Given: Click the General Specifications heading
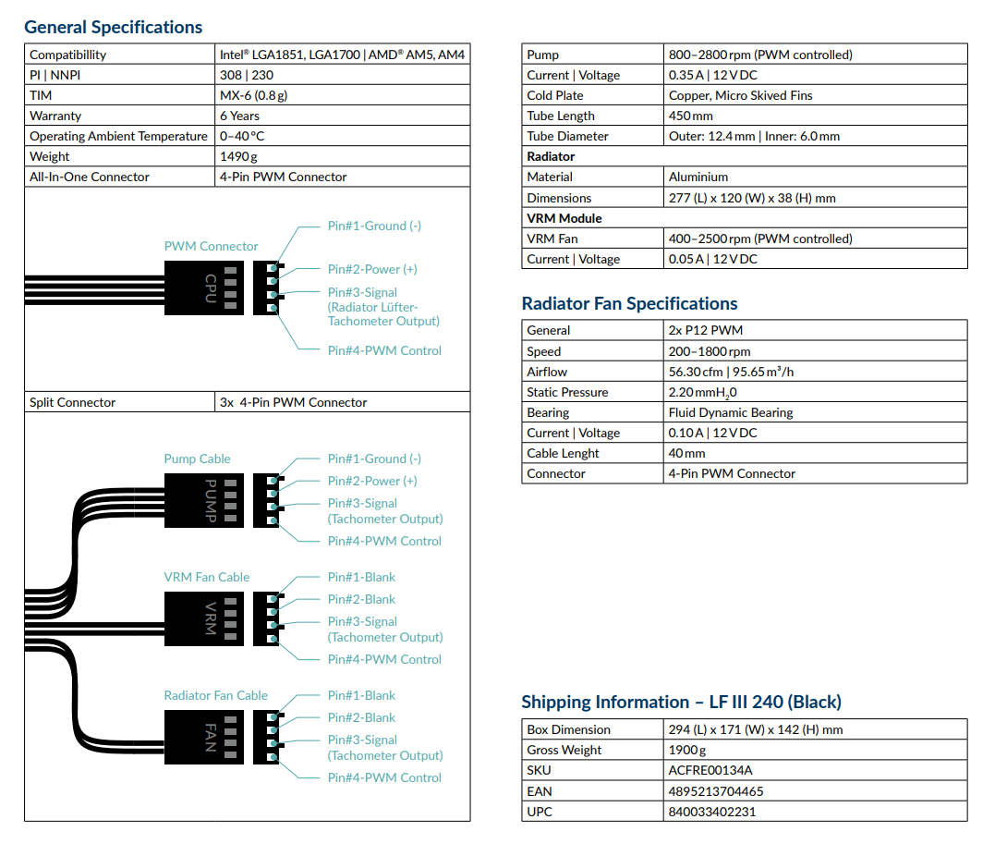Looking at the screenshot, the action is [x=113, y=28].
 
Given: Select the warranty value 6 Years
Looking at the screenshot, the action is [x=239, y=116].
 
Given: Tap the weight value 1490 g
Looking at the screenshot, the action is [x=238, y=156].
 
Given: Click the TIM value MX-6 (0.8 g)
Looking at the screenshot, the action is [x=253, y=95].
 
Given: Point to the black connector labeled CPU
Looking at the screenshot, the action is [x=203, y=287].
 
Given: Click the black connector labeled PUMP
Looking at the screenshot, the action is [x=203, y=500].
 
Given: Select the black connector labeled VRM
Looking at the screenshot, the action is [x=203, y=618].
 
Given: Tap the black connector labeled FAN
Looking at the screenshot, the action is [x=203, y=737].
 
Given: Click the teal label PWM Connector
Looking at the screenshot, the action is [x=211, y=246].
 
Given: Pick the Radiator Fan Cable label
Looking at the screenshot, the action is [x=216, y=695].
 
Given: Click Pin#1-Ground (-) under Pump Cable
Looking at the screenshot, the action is [x=374, y=459].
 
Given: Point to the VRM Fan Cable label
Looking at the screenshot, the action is [x=206, y=577].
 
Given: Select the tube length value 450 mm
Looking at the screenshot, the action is [x=690, y=116].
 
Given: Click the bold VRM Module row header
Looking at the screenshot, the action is [x=564, y=218].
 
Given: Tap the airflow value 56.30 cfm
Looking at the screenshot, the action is [x=696, y=372].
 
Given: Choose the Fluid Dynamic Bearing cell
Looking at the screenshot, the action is [x=731, y=412].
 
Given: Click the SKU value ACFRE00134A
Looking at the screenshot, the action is [x=710, y=770].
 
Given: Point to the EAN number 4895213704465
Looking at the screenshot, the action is [x=716, y=791].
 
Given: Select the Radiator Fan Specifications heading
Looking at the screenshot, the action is [x=629, y=303].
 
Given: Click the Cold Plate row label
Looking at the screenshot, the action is [x=554, y=95].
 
